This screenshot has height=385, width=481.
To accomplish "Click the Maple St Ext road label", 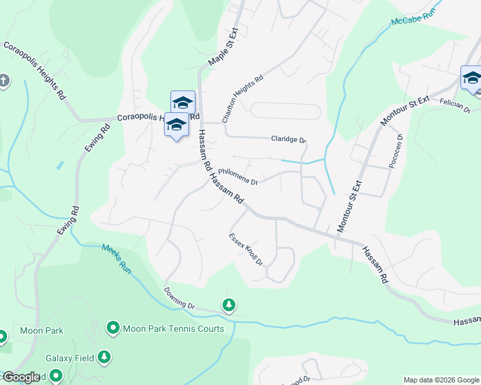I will (223, 47).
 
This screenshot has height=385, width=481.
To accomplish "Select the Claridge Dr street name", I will (289, 139).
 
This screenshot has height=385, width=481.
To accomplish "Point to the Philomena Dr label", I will (237, 176).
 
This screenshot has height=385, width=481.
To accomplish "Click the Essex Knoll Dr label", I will (246, 249).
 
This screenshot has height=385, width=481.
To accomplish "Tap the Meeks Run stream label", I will (116, 259).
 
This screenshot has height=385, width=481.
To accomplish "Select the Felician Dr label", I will (455, 106).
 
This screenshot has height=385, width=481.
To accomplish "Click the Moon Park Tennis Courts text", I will (173, 329).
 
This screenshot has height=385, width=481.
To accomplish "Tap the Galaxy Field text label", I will (69, 357).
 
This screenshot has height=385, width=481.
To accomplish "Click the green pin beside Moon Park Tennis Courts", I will (113, 329).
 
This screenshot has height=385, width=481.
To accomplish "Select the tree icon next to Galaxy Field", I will (104, 357).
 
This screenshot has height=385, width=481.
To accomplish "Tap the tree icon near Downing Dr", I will (228, 305).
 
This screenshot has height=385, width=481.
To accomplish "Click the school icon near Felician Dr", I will (471, 78).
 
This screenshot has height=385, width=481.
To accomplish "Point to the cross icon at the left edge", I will (4, 81).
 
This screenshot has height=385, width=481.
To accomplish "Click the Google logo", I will (21, 377).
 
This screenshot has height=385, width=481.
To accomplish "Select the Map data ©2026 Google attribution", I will (440, 380).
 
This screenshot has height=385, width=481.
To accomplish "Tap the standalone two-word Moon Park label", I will (40, 331).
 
